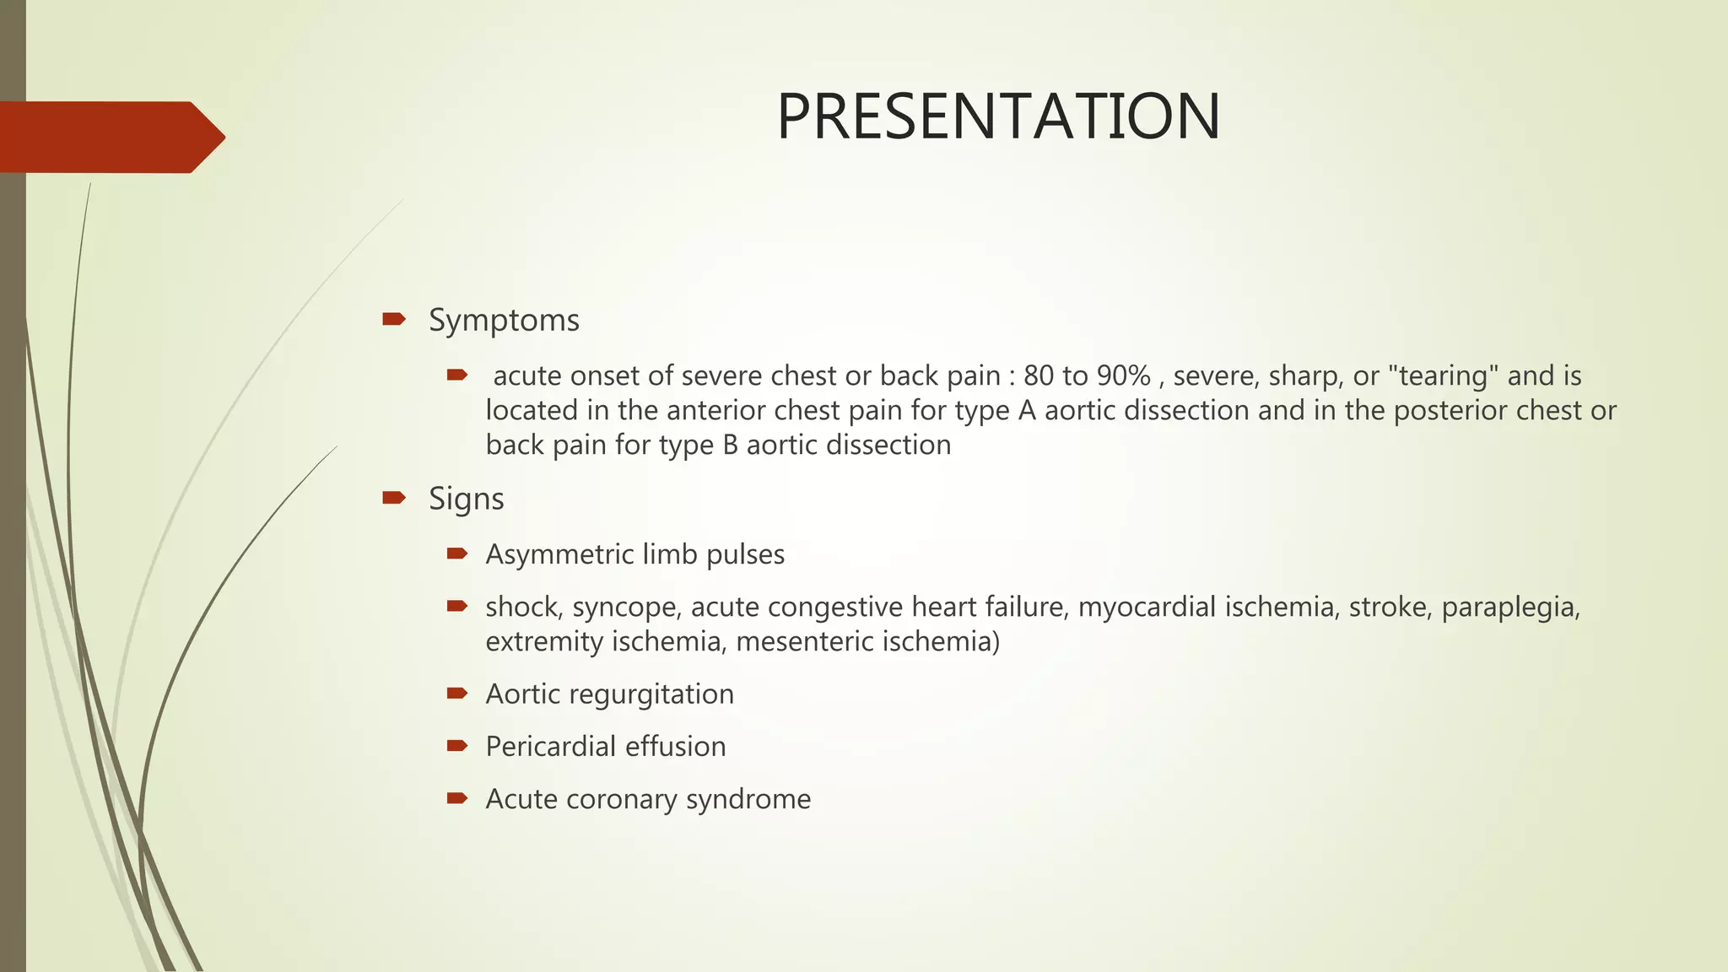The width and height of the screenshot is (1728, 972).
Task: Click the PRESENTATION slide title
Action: pos(998,116)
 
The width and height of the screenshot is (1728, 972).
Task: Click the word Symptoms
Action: pos(504,321)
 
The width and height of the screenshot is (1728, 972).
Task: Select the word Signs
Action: pos(466,499)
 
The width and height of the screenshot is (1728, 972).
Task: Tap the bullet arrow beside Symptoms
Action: pos(394,319)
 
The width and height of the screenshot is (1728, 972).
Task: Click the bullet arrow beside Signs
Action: pos(394,498)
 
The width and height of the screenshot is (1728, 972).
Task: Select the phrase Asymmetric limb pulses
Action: pos(634,554)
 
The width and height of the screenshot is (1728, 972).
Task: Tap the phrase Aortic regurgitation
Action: pos(609,694)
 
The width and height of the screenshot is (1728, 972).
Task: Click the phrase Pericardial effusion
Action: pos(605,746)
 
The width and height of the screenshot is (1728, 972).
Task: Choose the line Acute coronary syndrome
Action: pos(648,798)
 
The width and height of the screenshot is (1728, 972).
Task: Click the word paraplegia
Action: pos(1509,607)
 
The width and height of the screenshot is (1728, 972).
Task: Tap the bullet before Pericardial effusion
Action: pos(457,745)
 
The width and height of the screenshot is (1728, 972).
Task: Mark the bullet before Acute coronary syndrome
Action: pos(457,797)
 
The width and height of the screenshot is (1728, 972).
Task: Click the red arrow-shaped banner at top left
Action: pos(110,137)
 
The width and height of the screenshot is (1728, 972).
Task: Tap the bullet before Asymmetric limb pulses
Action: pos(457,553)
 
